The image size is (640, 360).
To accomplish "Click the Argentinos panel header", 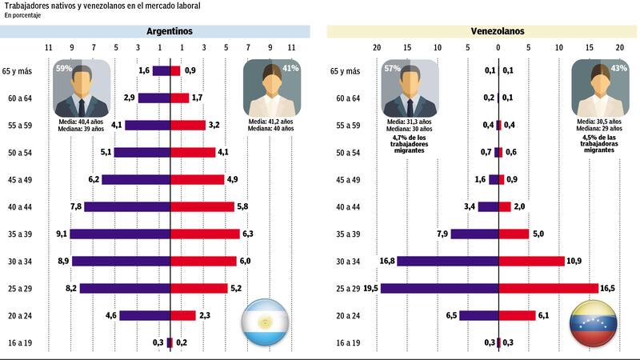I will (170, 32).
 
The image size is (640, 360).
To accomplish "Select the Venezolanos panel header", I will (498, 32).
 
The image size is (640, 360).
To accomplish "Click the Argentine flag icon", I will (264, 322).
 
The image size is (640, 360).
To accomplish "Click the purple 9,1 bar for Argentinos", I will (120, 234).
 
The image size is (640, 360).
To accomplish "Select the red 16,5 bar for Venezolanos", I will (548, 288).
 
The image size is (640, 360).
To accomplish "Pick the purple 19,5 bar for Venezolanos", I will (439, 288).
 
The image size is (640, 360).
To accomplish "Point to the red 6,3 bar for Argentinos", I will (205, 234).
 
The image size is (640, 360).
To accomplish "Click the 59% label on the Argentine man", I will (63, 69).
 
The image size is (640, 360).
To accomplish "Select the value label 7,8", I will (76, 206).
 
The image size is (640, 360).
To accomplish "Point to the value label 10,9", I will (574, 261).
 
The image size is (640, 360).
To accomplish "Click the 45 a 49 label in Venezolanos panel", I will (345, 179).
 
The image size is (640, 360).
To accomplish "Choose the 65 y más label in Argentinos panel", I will (17, 71).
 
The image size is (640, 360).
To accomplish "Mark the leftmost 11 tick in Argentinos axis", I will (48, 47).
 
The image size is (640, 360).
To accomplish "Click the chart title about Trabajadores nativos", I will (102, 6).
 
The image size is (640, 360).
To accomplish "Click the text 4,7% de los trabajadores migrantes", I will (409, 144).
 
